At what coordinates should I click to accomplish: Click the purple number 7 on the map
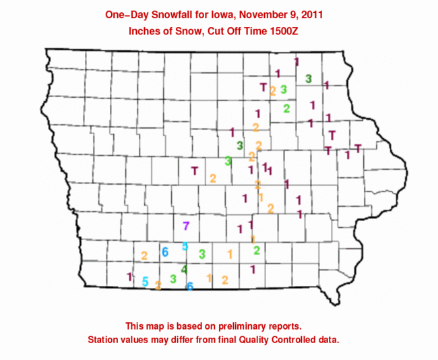pos(187,226)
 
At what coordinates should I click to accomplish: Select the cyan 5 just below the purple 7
pos(185,246)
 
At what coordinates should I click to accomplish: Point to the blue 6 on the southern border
pos(190,287)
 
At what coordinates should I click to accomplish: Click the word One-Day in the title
pos(126,14)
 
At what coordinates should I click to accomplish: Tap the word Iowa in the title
pos(215,14)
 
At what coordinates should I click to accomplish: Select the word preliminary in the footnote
pos(245,324)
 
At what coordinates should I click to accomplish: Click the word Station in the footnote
pos(104,338)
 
